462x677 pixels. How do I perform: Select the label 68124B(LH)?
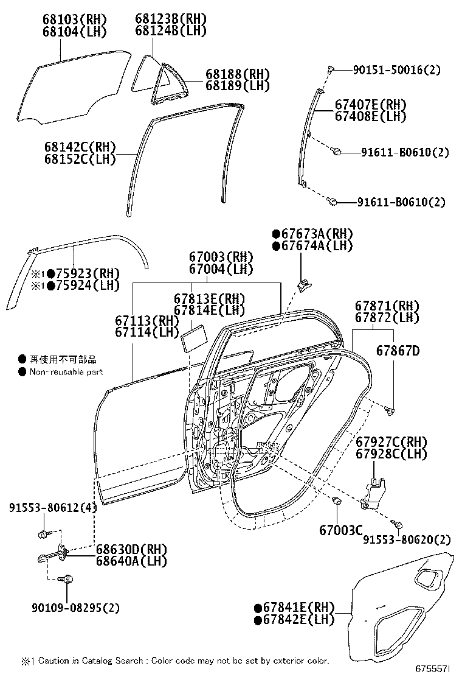(x=171, y=31)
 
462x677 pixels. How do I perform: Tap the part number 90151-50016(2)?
(x=396, y=70)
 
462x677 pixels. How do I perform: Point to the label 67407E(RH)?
(x=371, y=104)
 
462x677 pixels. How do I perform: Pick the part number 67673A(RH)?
(x=312, y=234)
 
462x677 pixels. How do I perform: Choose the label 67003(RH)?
(x=221, y=257)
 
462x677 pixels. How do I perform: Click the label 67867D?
(x=398, y=351)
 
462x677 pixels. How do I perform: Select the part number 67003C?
(x=341, y=530)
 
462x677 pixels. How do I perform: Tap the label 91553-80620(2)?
(x=407, y=539)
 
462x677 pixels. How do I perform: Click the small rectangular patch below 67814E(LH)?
(x=193, y=337)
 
